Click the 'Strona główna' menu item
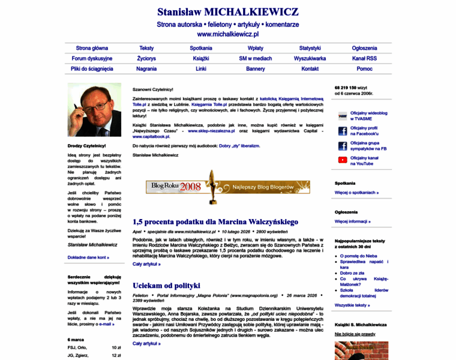92,48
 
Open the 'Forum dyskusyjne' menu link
92,58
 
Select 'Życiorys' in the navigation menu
146,58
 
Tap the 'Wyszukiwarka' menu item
310,58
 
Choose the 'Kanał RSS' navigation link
364,58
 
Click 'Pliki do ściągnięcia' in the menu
92,69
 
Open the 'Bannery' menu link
256,69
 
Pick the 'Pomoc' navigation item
364,69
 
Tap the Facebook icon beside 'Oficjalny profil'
342,131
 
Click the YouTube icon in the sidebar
342,160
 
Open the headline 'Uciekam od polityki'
166,286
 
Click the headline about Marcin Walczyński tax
215,222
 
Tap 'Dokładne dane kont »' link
88,257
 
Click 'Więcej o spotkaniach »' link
356,193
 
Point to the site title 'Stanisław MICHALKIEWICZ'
227,12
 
